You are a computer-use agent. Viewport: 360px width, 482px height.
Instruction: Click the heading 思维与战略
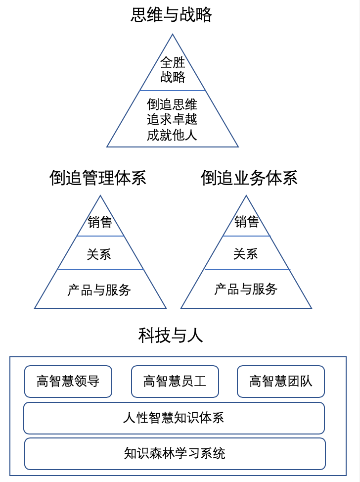coord(171,14)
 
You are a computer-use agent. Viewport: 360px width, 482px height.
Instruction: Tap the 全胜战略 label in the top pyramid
coord(173,70)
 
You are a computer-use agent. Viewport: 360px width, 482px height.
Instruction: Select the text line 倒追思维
coord(172,104)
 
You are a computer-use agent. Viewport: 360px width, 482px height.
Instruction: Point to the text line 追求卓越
coord(172,119)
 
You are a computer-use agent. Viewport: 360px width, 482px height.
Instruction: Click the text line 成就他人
coord(172,135)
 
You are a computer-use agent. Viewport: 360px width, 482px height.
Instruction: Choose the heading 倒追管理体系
coord(98,178)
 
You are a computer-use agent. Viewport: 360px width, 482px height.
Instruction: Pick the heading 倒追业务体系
coord(249,178)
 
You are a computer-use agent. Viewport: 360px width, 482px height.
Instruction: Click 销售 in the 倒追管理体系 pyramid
coord(100,222)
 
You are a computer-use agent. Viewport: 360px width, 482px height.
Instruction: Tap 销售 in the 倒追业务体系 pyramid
coord(247,222)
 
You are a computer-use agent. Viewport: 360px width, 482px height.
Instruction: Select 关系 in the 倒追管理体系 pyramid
coord(99,254)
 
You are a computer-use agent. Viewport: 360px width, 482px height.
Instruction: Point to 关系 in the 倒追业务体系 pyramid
coord(245,254)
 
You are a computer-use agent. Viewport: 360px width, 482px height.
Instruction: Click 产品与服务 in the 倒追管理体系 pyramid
coord(99,290)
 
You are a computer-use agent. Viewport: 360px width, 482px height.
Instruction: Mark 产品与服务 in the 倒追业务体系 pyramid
coord(246,289)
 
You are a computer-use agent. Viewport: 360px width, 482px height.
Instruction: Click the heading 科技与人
coord(171,335)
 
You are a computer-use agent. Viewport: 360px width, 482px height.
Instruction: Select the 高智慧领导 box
coord(68,382)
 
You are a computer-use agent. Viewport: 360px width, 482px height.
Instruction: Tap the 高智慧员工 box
coord(175,382)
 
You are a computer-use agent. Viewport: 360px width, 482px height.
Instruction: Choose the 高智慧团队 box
coord(281,382)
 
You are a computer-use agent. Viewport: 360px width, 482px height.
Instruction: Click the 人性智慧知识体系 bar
coord(174,418)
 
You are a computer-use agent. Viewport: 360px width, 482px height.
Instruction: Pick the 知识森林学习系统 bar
coord(175,454)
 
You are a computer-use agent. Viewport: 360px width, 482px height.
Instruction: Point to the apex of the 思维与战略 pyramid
coord(172,35)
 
